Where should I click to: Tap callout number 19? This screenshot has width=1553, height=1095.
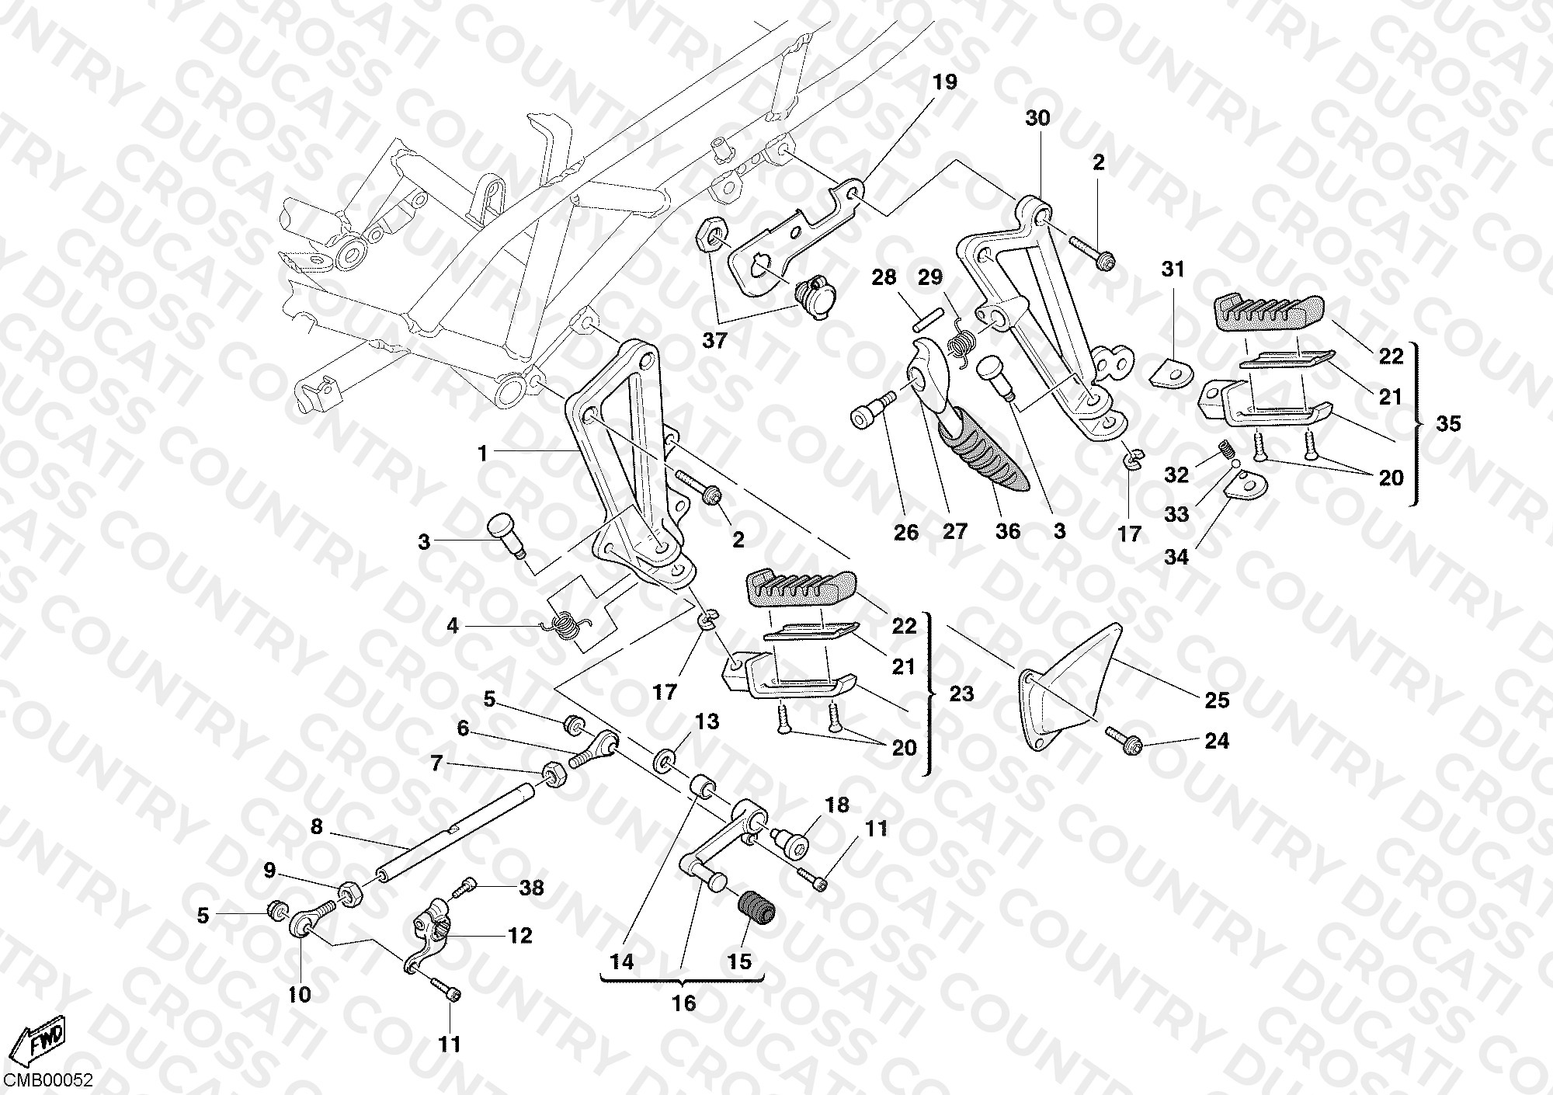(x=945, y=82)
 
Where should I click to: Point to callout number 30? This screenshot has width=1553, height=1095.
(x=1037, y=118)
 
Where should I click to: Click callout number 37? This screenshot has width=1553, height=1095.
(x=714, y=340)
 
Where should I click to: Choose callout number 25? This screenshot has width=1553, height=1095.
(x=1217, y=700)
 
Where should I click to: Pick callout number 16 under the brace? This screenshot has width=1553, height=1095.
(x=683, y=1003)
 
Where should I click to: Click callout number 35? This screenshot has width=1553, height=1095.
(x=1448, y=423)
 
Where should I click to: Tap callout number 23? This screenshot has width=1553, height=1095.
(x=961, y=693)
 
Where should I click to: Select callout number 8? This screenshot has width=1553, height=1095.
(x=316, y=826)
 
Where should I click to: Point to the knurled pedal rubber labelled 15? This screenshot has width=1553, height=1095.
(x=756, y=909)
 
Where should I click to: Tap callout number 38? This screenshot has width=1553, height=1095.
(x=531, y=887)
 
